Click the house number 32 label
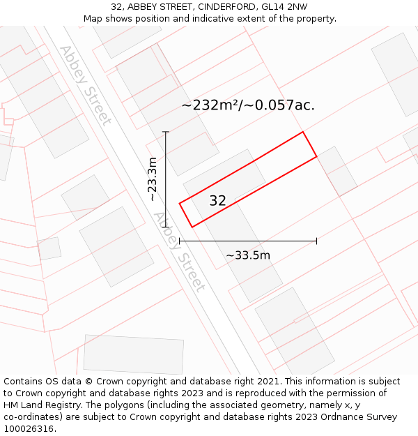tap(217, 201)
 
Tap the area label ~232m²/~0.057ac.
tap(248, 105)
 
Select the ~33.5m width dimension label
tap(248, 255)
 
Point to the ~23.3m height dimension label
tap(153, 179)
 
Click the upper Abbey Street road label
tap(85, 85)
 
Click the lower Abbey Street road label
tap(180, 252)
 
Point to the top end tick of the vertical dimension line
tap(166, 132)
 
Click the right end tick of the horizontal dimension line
tap(317, 241)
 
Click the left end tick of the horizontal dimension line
tap(180, 241)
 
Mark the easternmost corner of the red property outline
tap(317, 156)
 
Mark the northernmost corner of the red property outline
tap(302, 132)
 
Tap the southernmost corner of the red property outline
tap(192, 227)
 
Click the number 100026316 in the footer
tap(27, 429)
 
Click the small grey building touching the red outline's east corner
tap(337, 171)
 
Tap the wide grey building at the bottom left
tap(133, 355)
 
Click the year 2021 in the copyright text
tap(267, 382)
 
